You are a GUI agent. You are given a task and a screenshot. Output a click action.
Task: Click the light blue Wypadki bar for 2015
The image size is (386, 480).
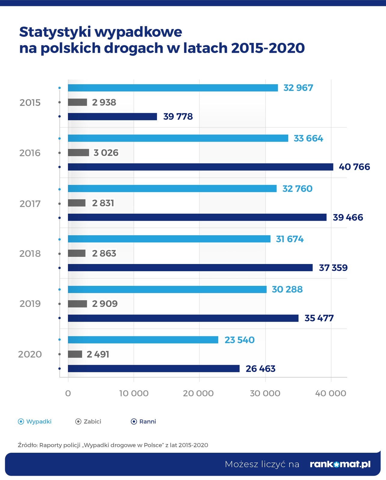pyautogui.click(x=173, y=88)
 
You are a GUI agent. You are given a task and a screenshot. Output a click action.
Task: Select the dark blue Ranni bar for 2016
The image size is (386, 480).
pyautogui.click(x=201, y=167)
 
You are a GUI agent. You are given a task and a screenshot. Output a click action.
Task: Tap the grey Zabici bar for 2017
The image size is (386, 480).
pyautogui.click(x=77, y=203)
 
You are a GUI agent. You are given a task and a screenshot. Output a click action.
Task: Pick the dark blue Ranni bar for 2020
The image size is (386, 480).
pyautogui.click(x=154, y=368)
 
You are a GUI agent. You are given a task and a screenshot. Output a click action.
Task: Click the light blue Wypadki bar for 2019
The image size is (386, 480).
pyautogui.click(x=167, y=289)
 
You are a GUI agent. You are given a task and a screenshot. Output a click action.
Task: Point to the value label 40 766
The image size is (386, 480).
pyautogui.click(x=354, y=167)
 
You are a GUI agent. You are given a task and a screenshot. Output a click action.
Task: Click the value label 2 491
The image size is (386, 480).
pyautogui.click(x=98, y=354)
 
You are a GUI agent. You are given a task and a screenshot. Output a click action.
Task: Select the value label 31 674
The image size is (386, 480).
pyautogui.click(x=289, y=239)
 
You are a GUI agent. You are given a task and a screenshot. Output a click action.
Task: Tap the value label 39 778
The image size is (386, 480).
pyautogui.click(x=178, y=116)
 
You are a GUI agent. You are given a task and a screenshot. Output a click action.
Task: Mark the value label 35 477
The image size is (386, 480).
pyautogui.click(x=319, y=318)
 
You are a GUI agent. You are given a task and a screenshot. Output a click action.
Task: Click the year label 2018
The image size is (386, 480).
pyautogui.click(x=30, y=254)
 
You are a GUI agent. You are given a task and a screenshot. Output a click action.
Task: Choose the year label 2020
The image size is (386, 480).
pyautogui.click(x=30, y=354)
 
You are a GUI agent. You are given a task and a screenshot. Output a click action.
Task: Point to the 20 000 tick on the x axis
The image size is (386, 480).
pyautogui.click(x=198, y=393)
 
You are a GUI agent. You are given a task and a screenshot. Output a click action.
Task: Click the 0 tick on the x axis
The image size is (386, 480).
pyautogui.click(x=68, y=393)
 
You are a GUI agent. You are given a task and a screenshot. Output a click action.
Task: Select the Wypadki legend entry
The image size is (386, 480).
pyautogui.click(x=35, y=421)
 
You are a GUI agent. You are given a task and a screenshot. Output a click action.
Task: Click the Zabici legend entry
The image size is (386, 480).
pyautogui.click(x=88, y=421)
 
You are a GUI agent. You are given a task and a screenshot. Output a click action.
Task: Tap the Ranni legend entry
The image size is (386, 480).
pyautogui.click(x=144, y=421)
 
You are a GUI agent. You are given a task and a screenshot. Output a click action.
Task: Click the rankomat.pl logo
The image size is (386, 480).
pyautogui.click(x=340, y=464)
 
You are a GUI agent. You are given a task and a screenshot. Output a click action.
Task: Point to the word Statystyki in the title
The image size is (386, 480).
pyautogui.click(x=55, y=32)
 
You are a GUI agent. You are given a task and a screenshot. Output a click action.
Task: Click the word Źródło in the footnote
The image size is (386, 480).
pyautogui.click(x=27, y=445)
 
